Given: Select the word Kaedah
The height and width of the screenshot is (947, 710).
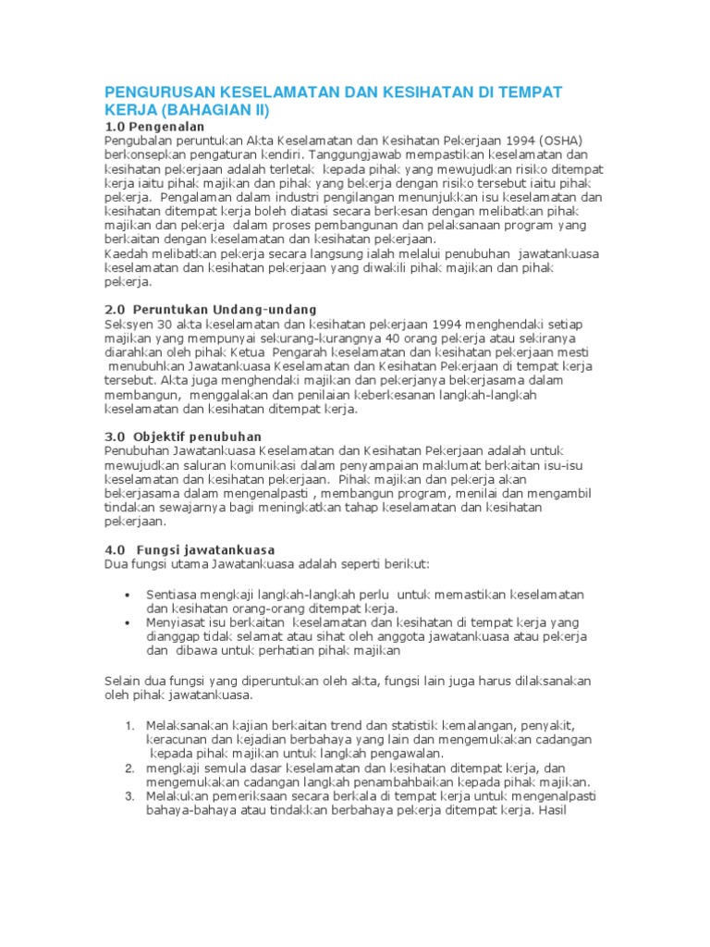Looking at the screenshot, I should coord(125,252).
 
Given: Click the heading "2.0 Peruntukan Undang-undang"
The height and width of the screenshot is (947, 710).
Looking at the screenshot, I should coord(210,310).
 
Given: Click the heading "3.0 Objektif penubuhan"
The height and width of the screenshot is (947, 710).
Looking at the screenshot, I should coord(183,437).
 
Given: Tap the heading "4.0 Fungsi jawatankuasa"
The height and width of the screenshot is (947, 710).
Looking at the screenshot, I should coord(190,549).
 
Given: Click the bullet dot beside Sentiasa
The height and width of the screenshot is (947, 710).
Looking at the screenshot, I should coord(126,594).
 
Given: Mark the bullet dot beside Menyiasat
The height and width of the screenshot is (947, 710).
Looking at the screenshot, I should coord(126,622).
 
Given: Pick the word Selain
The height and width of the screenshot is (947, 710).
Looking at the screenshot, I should coord(123,681).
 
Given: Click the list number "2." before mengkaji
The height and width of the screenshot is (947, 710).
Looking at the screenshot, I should coord(130,769).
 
